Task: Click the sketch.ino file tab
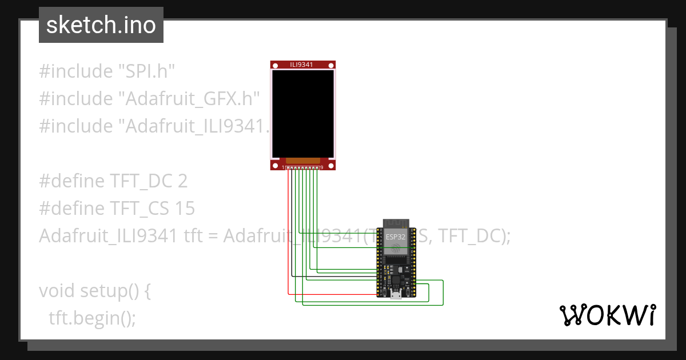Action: (x=101, y=25)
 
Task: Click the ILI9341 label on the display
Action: (x=302, y=65)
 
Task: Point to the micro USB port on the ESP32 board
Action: (x=395, y=295)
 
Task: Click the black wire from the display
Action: (x=292, y=229)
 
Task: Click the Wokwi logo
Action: (x=608, y=315)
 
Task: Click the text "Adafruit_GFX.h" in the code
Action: (x=189, y=99)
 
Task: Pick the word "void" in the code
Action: (x=57, y=291)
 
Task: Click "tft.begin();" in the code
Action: (x=93, y=318)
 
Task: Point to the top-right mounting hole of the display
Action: (x=331, y=65)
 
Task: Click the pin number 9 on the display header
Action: (x=322, y=167)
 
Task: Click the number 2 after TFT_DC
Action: (x=182, y=181)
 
